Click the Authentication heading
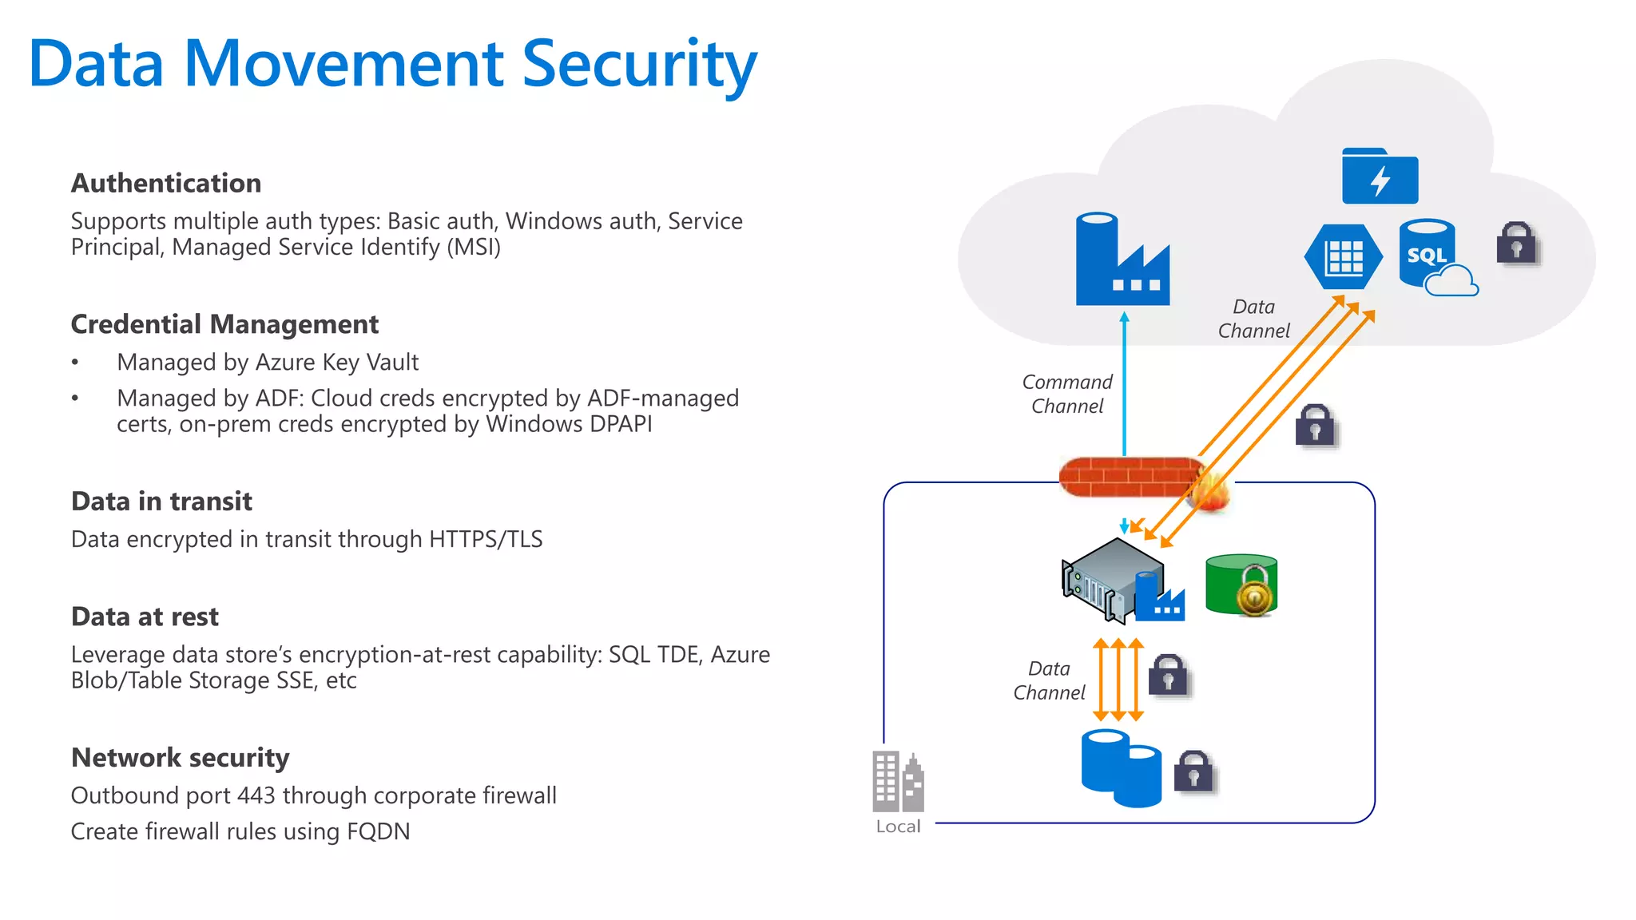coord(165,183)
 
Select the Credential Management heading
coord(224,324)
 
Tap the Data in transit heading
coord(161,501)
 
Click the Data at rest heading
coord(145,617)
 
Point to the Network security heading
coord(180,757)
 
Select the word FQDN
coord(378,831)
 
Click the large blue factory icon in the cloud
coord(1122,260)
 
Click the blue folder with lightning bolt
coord(1380,177)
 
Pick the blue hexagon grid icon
coord(1344,257)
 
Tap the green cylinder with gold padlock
coord(1241,585)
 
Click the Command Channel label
coord(1067,394)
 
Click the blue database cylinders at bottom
coord(1120,768)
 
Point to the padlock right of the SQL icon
coord(1516,243)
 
